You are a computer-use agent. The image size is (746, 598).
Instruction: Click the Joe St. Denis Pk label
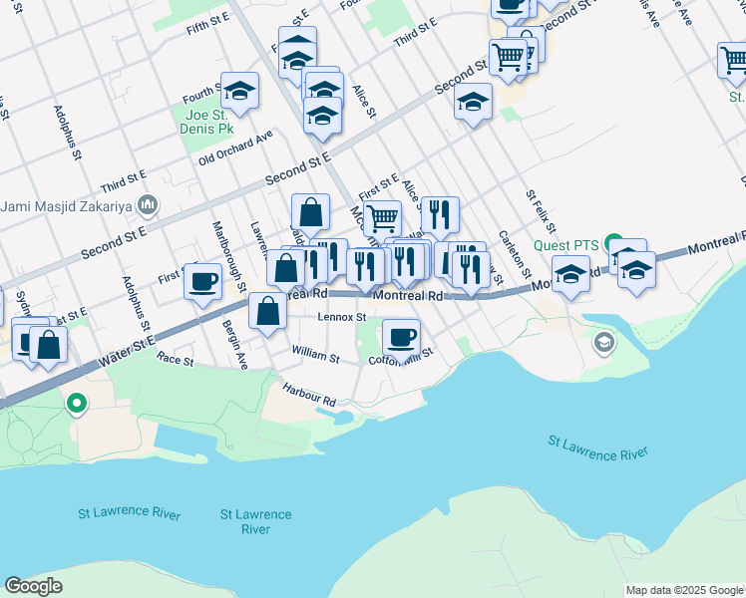point(206,122)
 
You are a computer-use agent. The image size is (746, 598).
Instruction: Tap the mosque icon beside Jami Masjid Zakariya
point(149,205)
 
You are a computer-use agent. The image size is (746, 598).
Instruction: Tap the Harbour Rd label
point(309,395)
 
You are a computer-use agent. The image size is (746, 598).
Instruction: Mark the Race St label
point(176,360)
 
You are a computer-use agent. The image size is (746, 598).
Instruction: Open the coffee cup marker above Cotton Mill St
point(401,336)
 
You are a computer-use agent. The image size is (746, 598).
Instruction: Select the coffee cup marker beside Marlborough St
point(203,280)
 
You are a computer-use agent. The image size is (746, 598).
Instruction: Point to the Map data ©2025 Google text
point(685,590)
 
